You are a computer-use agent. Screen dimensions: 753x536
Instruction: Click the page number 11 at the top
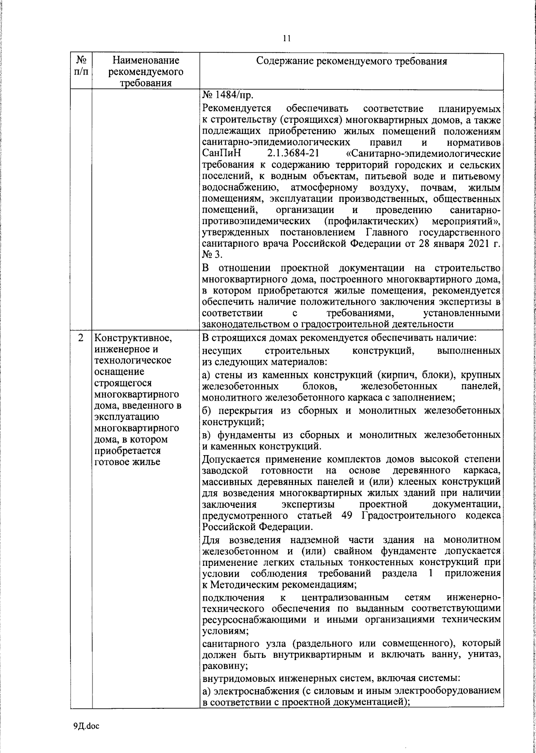pos(287,39)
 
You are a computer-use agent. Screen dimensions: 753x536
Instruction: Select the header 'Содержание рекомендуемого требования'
pos(352,61)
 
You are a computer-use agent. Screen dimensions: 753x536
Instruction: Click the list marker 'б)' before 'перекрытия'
pos(208,410)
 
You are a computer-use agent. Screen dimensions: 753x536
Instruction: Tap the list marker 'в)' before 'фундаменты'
pos(208,435)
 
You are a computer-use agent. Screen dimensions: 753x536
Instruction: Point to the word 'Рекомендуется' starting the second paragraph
pos(237,109)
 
